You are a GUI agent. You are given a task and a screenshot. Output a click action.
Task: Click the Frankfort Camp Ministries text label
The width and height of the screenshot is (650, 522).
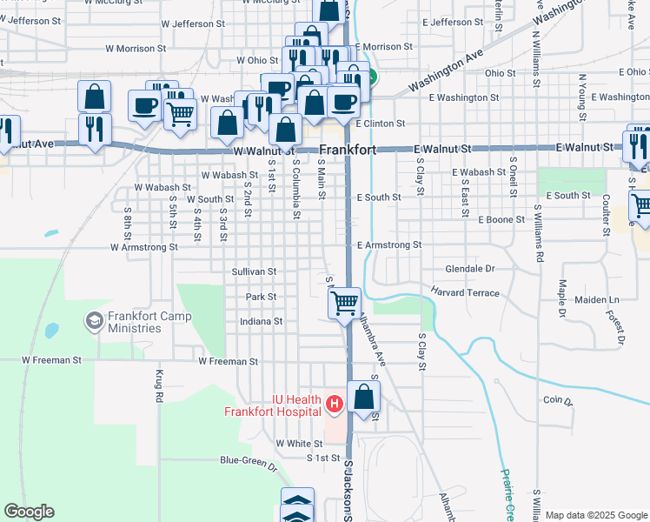click(x=135, y=322)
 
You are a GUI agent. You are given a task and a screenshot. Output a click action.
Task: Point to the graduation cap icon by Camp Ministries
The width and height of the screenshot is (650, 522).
click(x=93, y=321)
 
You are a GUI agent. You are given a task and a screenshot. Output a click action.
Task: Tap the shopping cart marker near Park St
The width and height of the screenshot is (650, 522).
click(x=345, y=302)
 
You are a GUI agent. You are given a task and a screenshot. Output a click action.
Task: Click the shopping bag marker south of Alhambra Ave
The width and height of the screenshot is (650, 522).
click(x=364, y=396)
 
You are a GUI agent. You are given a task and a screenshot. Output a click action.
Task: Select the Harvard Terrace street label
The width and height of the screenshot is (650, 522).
click(x=466, y=292)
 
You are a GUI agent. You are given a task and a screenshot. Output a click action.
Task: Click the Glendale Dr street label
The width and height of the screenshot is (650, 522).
click(x=469, y=269)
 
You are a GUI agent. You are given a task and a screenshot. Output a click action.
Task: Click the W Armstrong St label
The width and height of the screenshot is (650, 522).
click(x=143, y=247)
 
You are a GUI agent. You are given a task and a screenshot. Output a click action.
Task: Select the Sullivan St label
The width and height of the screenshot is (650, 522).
click(x=254, y=271)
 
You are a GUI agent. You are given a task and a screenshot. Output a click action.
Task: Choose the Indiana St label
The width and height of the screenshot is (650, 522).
click(x=262, y=321)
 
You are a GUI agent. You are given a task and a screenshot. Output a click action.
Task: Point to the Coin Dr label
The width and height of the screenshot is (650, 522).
click(x=558, y=402)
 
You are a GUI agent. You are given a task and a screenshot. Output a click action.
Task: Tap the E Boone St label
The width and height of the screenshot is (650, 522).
click(x=501, y=220)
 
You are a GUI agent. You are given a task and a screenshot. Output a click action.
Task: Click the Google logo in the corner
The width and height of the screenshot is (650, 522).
click(x=29, y=512)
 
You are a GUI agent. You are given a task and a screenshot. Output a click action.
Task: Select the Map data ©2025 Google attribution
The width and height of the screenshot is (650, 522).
click(x=596, y=515)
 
